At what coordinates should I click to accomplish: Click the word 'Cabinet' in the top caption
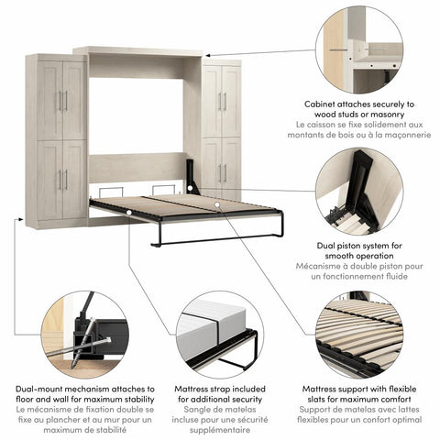point(322,104)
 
